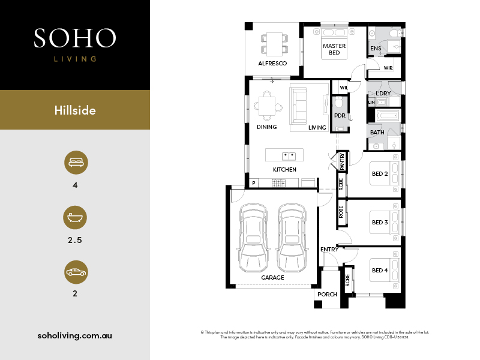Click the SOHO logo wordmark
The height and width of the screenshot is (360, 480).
75,38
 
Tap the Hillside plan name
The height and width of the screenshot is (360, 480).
75,110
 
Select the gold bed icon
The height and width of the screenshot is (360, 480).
76,162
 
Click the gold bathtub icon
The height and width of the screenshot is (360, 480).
75,217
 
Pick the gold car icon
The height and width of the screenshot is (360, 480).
76,272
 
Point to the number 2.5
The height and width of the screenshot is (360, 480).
75,240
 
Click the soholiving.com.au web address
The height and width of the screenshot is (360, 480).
74,335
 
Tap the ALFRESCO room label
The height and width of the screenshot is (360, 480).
272,64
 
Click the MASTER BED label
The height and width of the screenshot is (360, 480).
334,49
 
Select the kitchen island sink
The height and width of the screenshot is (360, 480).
289,156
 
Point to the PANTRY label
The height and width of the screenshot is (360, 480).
342,161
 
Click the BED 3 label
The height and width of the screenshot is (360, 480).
380,222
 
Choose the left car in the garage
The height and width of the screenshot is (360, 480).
253,238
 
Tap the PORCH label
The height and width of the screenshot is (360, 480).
327,294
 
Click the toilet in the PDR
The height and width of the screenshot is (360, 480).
338,103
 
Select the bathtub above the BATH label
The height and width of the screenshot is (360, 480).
388,116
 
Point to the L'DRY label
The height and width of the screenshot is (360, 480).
383,93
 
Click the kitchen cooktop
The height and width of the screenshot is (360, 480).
278,183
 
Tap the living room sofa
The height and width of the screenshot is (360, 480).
299,106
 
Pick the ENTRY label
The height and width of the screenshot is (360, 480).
329,250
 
